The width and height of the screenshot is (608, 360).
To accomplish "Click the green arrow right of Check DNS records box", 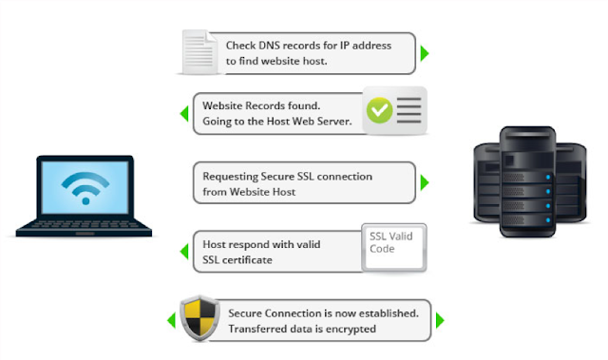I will [425, 53].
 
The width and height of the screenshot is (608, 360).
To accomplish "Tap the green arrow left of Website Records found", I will [184, 114].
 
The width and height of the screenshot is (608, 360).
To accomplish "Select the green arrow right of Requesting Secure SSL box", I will [425, 182].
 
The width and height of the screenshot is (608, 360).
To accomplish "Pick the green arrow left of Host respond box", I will [184, 251].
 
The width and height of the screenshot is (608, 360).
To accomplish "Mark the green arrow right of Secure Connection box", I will [440, 320].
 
